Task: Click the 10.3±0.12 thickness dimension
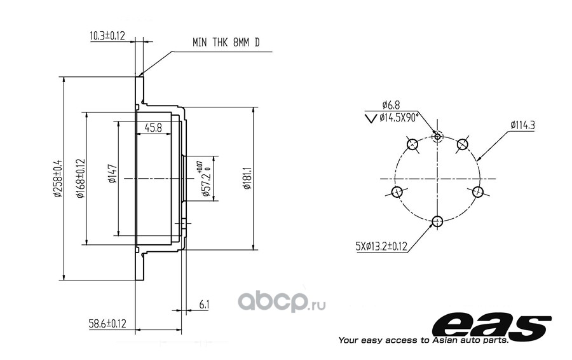click(x=107, y=36)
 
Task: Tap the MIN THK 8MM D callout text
click(x=226, y=43)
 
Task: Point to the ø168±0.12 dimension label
click(x=80, y=178)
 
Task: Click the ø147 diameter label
click(x=112, y=174)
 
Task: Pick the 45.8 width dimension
click(x=153, y=128)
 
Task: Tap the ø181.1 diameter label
click(x=247, y=178)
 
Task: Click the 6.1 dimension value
click(x=204, y=304)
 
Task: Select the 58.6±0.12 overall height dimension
click(x=107, y=324)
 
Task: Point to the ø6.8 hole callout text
click(x=391, y=105)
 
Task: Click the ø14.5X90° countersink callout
click(x=398, y=118)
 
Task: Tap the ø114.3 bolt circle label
click(x=522, y=125)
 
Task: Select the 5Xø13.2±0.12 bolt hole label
click(x=381, y=246)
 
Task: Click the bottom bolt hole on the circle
click(x=437, y=221)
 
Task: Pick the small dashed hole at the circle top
click(x=437, y=137)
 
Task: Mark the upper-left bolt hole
click(x=412, y=144)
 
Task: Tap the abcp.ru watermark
click(x=282, y=301)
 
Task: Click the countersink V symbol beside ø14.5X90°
click(x=371, y=118)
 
